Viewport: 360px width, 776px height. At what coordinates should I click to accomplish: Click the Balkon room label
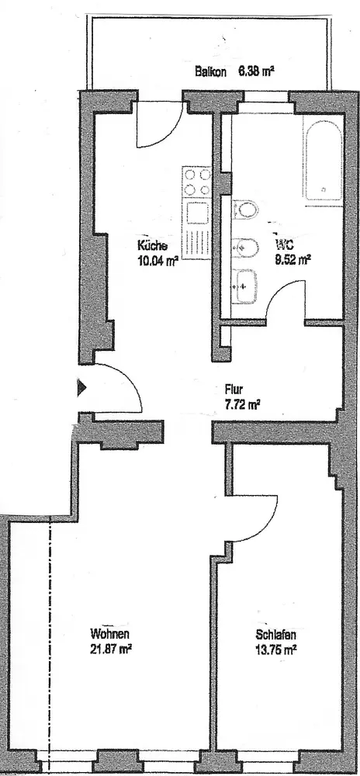click(x=211, y=71)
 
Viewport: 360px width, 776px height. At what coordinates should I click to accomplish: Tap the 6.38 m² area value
click(x=256, y=71)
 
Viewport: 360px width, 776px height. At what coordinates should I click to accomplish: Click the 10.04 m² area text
click(x=157, y=261)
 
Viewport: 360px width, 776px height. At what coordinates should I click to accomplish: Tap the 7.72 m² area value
click(x=242, y=404)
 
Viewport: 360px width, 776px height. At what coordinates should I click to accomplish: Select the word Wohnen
click(x=109, y=634)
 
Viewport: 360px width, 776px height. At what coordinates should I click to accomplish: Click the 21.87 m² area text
click(x=110, y=650)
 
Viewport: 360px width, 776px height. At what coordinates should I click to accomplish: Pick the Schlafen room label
click(x=276, y=635)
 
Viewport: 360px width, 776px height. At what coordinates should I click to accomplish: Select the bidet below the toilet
click(x=244, y=248)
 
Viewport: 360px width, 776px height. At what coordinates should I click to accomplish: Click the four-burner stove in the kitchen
click(x=197, y=182)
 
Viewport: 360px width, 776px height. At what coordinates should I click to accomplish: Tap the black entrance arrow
click(x=82, y=387)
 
